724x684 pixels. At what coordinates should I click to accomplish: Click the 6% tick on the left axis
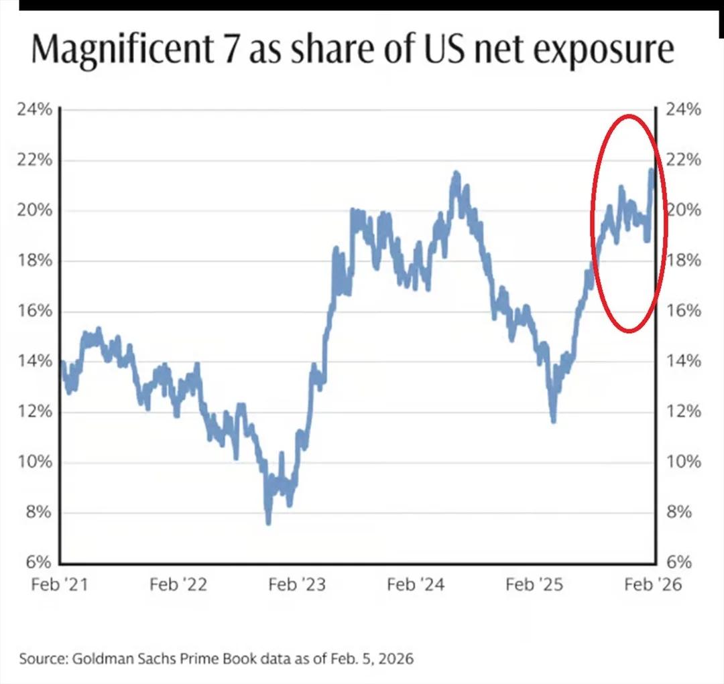40,563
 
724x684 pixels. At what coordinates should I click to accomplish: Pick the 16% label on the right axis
683,311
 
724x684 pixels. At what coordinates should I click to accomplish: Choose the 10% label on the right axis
683,462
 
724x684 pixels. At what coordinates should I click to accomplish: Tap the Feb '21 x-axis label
60,585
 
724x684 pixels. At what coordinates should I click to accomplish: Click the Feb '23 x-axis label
297,585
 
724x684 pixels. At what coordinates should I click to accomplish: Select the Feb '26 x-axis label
653,585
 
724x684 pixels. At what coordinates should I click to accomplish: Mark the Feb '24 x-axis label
416,585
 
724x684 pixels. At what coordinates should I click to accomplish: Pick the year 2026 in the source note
396,659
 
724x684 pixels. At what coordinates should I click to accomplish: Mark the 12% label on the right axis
683,412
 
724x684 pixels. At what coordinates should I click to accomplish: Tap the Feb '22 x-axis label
178,585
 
